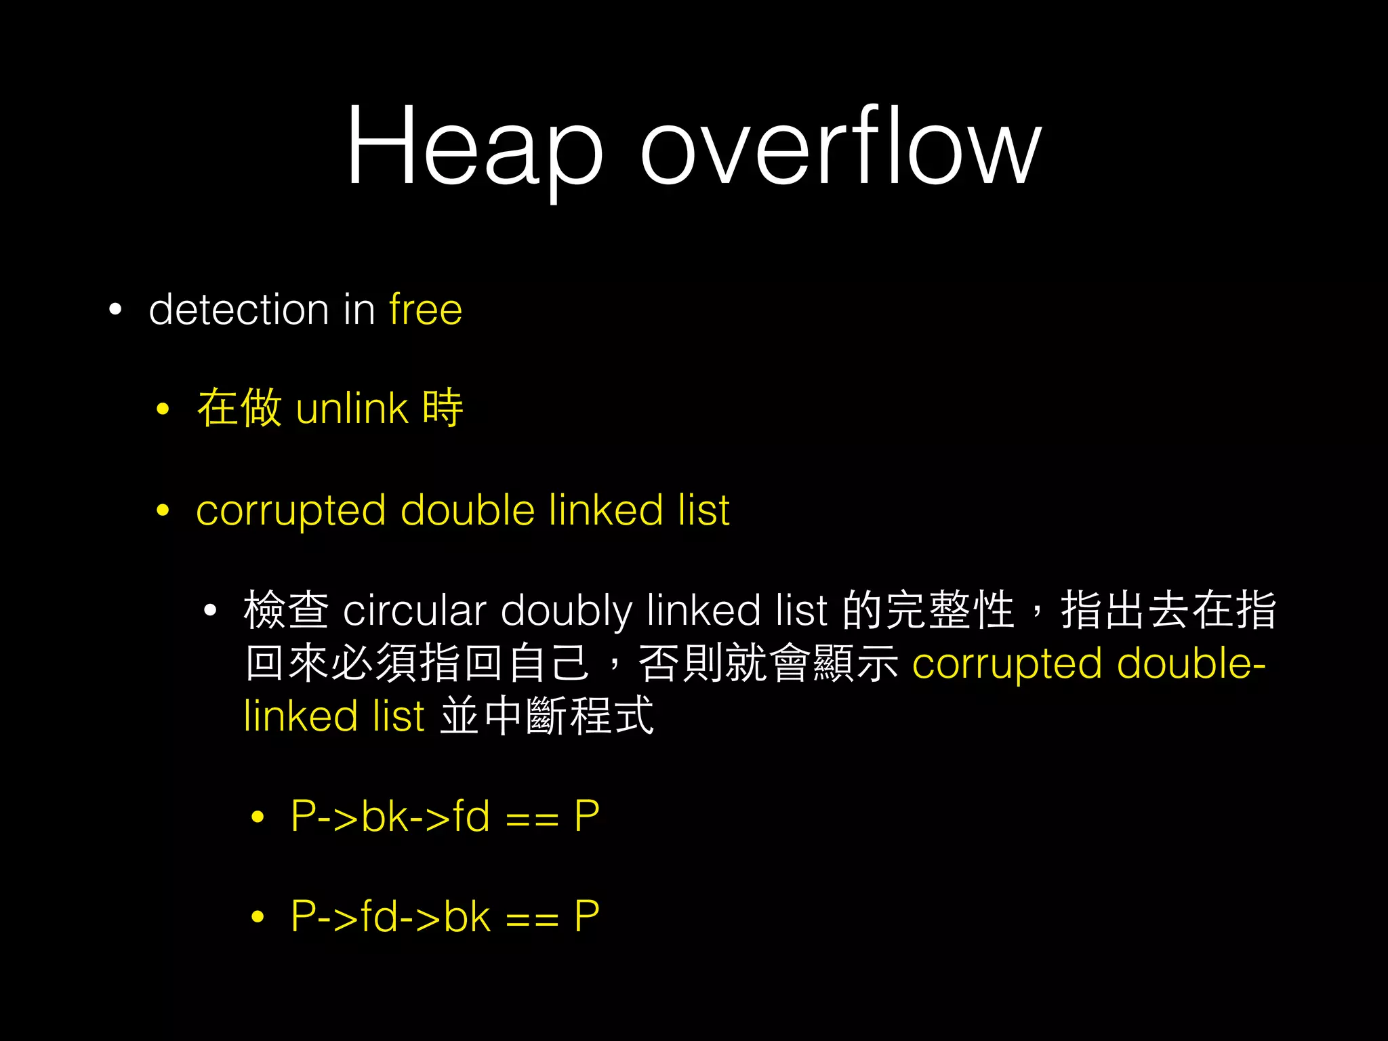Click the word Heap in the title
(474, 146)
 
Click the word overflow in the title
(840, 146)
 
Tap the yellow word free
(426, 310)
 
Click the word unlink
(352, 409)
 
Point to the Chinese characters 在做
(239, 408)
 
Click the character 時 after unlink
(443, 408)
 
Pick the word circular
(415, 610)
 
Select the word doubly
(567, 610)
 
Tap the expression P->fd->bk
(390, 916)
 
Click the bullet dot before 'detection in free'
(115, 310)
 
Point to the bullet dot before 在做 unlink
(163, 409)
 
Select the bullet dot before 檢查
(210, 611)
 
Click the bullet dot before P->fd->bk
(257, 918)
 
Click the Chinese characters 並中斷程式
(547, 716)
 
